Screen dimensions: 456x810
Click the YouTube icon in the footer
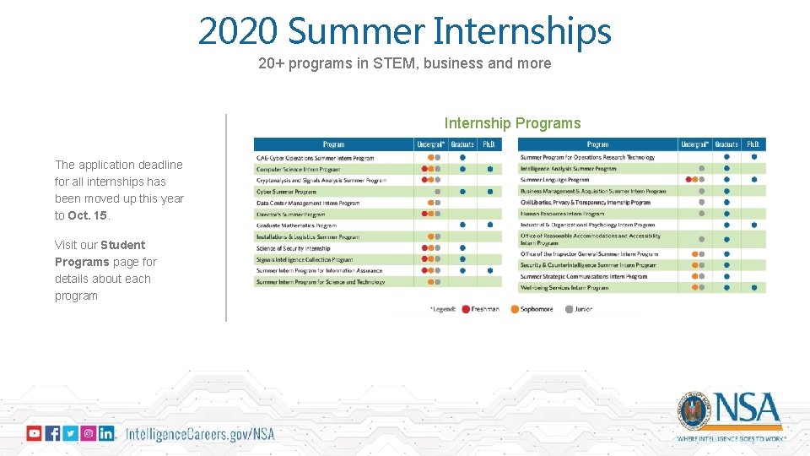34,433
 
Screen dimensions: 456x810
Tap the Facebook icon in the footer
52,433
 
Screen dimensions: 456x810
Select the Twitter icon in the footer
70,433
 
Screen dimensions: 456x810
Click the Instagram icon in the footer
89,433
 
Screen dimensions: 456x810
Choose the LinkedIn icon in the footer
106,433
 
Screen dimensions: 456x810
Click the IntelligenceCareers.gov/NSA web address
200,434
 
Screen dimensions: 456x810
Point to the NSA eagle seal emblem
694,410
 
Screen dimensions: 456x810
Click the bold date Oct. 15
89,215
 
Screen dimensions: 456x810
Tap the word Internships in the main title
521,31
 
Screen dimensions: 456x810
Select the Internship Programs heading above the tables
512,123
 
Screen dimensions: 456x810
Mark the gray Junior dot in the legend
569,309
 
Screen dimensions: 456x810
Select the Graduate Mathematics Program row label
296,225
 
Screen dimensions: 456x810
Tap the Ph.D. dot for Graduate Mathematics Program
489,225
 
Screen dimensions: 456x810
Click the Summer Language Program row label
554,180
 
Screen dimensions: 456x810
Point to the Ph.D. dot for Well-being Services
753,288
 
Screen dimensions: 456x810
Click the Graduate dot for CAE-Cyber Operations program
463,157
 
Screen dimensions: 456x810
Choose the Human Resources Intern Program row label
562,214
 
